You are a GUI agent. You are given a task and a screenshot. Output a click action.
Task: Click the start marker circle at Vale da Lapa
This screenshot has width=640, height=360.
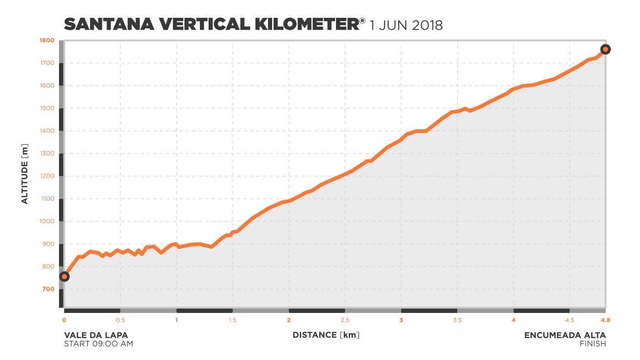[64, 276]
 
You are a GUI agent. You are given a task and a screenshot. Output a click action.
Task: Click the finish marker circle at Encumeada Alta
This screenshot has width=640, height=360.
[605, 49]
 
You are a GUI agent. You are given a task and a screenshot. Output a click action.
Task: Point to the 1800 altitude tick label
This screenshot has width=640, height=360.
[48, 40]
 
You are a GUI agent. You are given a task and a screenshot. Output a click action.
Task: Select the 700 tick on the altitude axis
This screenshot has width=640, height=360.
[49, 289]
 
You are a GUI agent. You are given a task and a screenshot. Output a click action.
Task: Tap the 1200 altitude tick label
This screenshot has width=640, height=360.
[48, 176]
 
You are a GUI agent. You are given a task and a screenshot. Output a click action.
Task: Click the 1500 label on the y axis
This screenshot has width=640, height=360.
[48, 108]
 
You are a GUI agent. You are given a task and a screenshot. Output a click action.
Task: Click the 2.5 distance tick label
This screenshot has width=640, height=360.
[345, 320]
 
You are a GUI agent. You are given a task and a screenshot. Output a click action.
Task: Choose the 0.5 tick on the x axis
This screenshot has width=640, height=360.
[120, 320]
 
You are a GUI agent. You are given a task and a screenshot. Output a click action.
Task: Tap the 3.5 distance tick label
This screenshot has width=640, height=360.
[458, 320]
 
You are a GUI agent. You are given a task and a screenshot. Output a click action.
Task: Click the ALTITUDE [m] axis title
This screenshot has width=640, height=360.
[25, 174]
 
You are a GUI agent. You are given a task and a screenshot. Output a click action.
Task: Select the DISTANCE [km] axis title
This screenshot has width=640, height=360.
[326, 335]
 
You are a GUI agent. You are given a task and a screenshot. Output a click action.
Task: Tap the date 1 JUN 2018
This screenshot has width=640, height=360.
[406, 25]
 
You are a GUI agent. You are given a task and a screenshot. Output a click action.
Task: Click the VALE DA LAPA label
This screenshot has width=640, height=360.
[96, 335]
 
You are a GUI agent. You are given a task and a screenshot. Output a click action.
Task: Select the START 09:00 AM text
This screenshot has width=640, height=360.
[98, 344]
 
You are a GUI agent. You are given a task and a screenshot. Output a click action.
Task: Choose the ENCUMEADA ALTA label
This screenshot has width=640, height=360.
[565, 335]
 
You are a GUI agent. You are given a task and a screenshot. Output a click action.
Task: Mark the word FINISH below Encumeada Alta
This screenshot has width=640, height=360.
[592, 344]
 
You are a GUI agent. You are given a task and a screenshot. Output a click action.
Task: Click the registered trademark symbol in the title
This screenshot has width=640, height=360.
[363, 21]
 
